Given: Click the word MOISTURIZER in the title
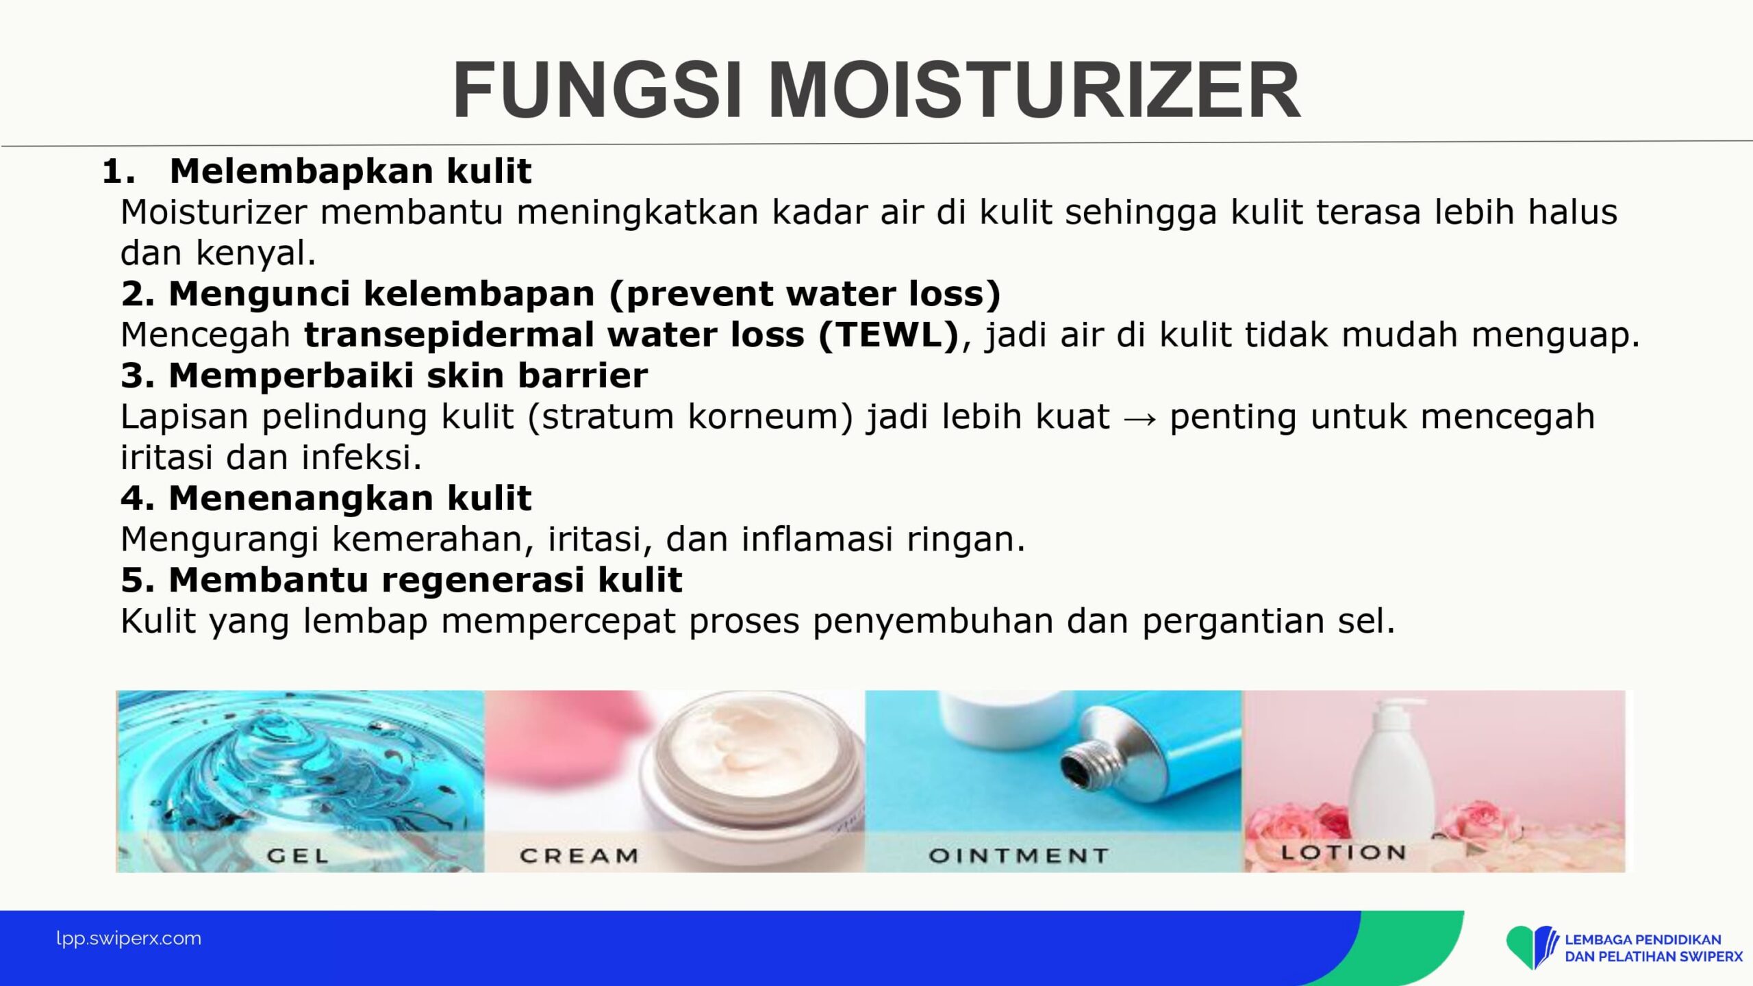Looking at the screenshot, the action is [x=1034, y=90].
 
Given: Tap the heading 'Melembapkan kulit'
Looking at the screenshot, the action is [x=350, y=170].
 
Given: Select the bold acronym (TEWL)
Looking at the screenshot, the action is [x=889, y=335].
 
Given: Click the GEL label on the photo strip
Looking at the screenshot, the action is [x=297, y=855].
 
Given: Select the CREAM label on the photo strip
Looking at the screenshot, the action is [x=579, y=855].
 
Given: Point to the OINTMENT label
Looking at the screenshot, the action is [x=1018, y=855].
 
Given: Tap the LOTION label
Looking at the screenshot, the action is [x=1344, y=852].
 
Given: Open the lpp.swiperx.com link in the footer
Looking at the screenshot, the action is [x=129, y=938].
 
